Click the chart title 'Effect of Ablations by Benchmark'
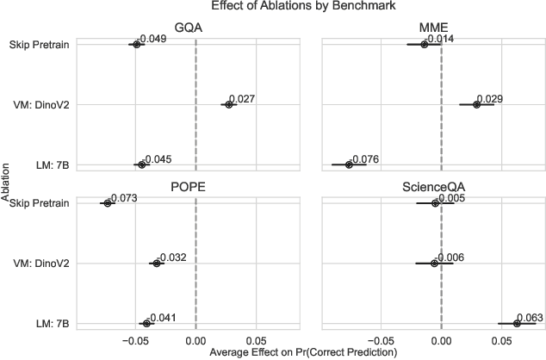pyautogui.click(x=273, y=8)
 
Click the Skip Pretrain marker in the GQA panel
pyautogui.click(x=136, y=44)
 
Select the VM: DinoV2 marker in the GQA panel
pyautogui.click(x=228, y=104)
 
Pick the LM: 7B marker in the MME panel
pyautogui.click(x=349, y=164)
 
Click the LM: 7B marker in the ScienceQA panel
pyautogui.click(x=517, y=323)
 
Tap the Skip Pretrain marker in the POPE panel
pyautogui.click(x=108, y=203)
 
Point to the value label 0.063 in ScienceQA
pyautogui.click(x=530, y=318)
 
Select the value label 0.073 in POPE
pyautogui.click(x=124, y=198)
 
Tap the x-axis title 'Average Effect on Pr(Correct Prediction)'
pyautogui.click(x=302, y=352)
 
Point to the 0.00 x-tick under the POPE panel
pyautogui.click(x=196, y=339)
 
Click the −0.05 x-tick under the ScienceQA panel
pyautogui.click(x=379, y=339)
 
